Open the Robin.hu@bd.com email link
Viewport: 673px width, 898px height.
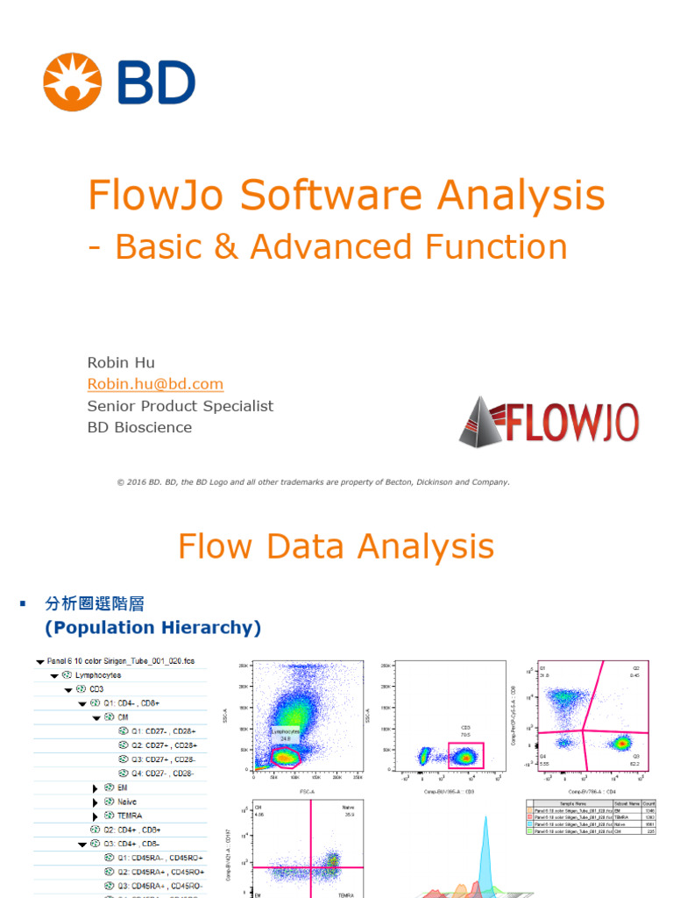coord(155,384)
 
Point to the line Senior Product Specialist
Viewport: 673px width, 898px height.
coord(180,406)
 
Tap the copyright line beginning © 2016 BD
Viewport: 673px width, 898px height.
coord(313,481)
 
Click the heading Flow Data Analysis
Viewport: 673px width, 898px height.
coord(336,546)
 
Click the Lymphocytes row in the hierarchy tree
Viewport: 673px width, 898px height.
coord(97,675)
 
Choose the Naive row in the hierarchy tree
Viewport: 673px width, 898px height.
coord(126,802)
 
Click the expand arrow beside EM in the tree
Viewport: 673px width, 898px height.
coord(96,788)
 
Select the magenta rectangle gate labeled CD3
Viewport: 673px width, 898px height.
coord(465,755)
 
